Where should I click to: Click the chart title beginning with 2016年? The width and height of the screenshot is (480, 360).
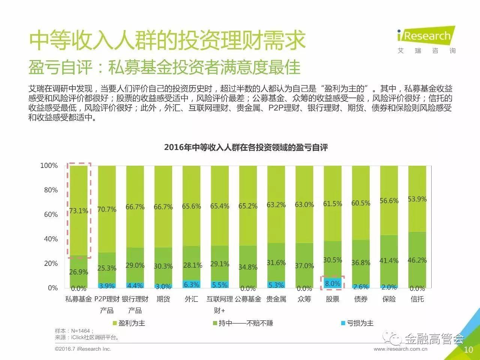[246, 147]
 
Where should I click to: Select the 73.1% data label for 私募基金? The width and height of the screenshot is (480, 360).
[79, 211]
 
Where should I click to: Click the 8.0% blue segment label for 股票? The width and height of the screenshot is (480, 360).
[333, 284]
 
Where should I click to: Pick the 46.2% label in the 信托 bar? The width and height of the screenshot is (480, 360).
[417, 260]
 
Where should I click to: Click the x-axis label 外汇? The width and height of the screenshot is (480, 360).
[191, 299]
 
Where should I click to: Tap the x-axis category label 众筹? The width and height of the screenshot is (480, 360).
[304, 299]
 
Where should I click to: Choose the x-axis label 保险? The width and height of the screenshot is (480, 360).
[389, 299]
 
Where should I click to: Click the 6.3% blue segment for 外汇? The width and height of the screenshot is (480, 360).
[191, 285]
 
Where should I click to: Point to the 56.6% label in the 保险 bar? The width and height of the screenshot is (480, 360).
[389, 201]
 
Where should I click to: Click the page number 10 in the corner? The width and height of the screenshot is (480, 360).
[468, 350]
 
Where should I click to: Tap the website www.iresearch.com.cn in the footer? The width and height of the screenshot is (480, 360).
[400, 349]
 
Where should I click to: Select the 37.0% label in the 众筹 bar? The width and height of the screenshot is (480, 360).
[304, 266]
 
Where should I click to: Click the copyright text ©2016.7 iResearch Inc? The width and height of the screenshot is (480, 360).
[83, 349]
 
